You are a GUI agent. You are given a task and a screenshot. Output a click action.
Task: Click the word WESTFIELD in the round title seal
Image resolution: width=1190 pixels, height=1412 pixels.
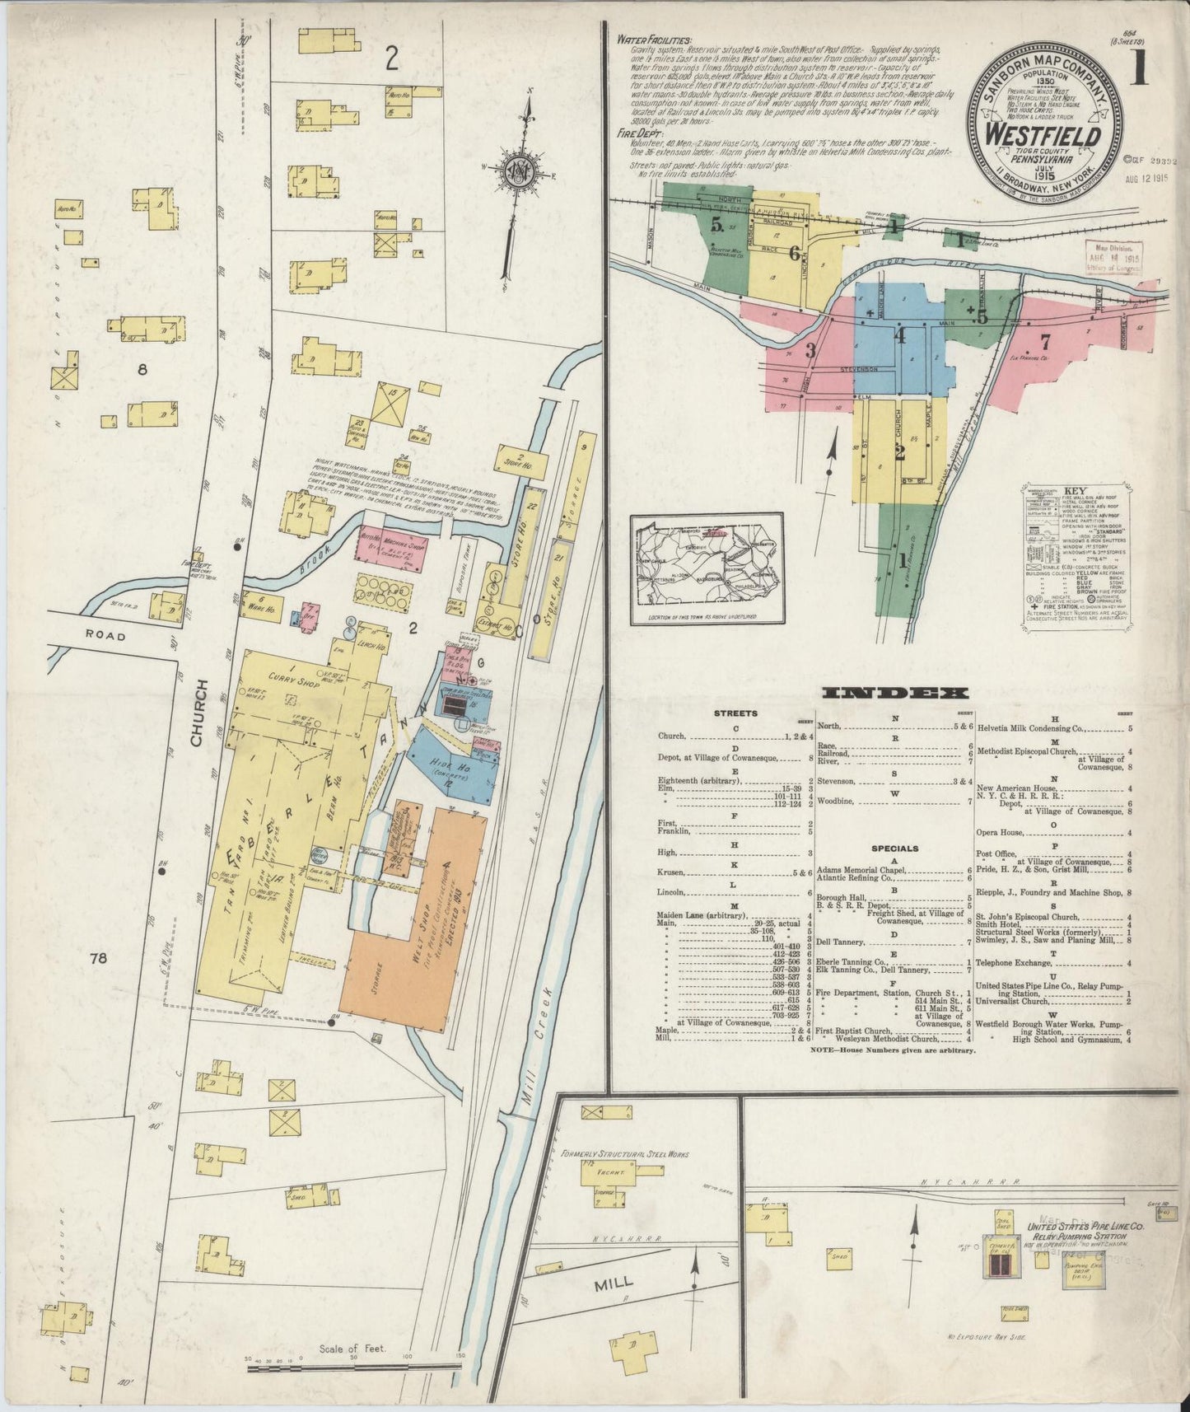1045,134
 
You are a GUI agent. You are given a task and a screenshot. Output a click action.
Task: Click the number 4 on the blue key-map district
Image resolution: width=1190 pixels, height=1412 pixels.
900,336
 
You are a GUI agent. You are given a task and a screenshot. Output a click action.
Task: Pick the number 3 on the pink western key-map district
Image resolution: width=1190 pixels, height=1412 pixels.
810,350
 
